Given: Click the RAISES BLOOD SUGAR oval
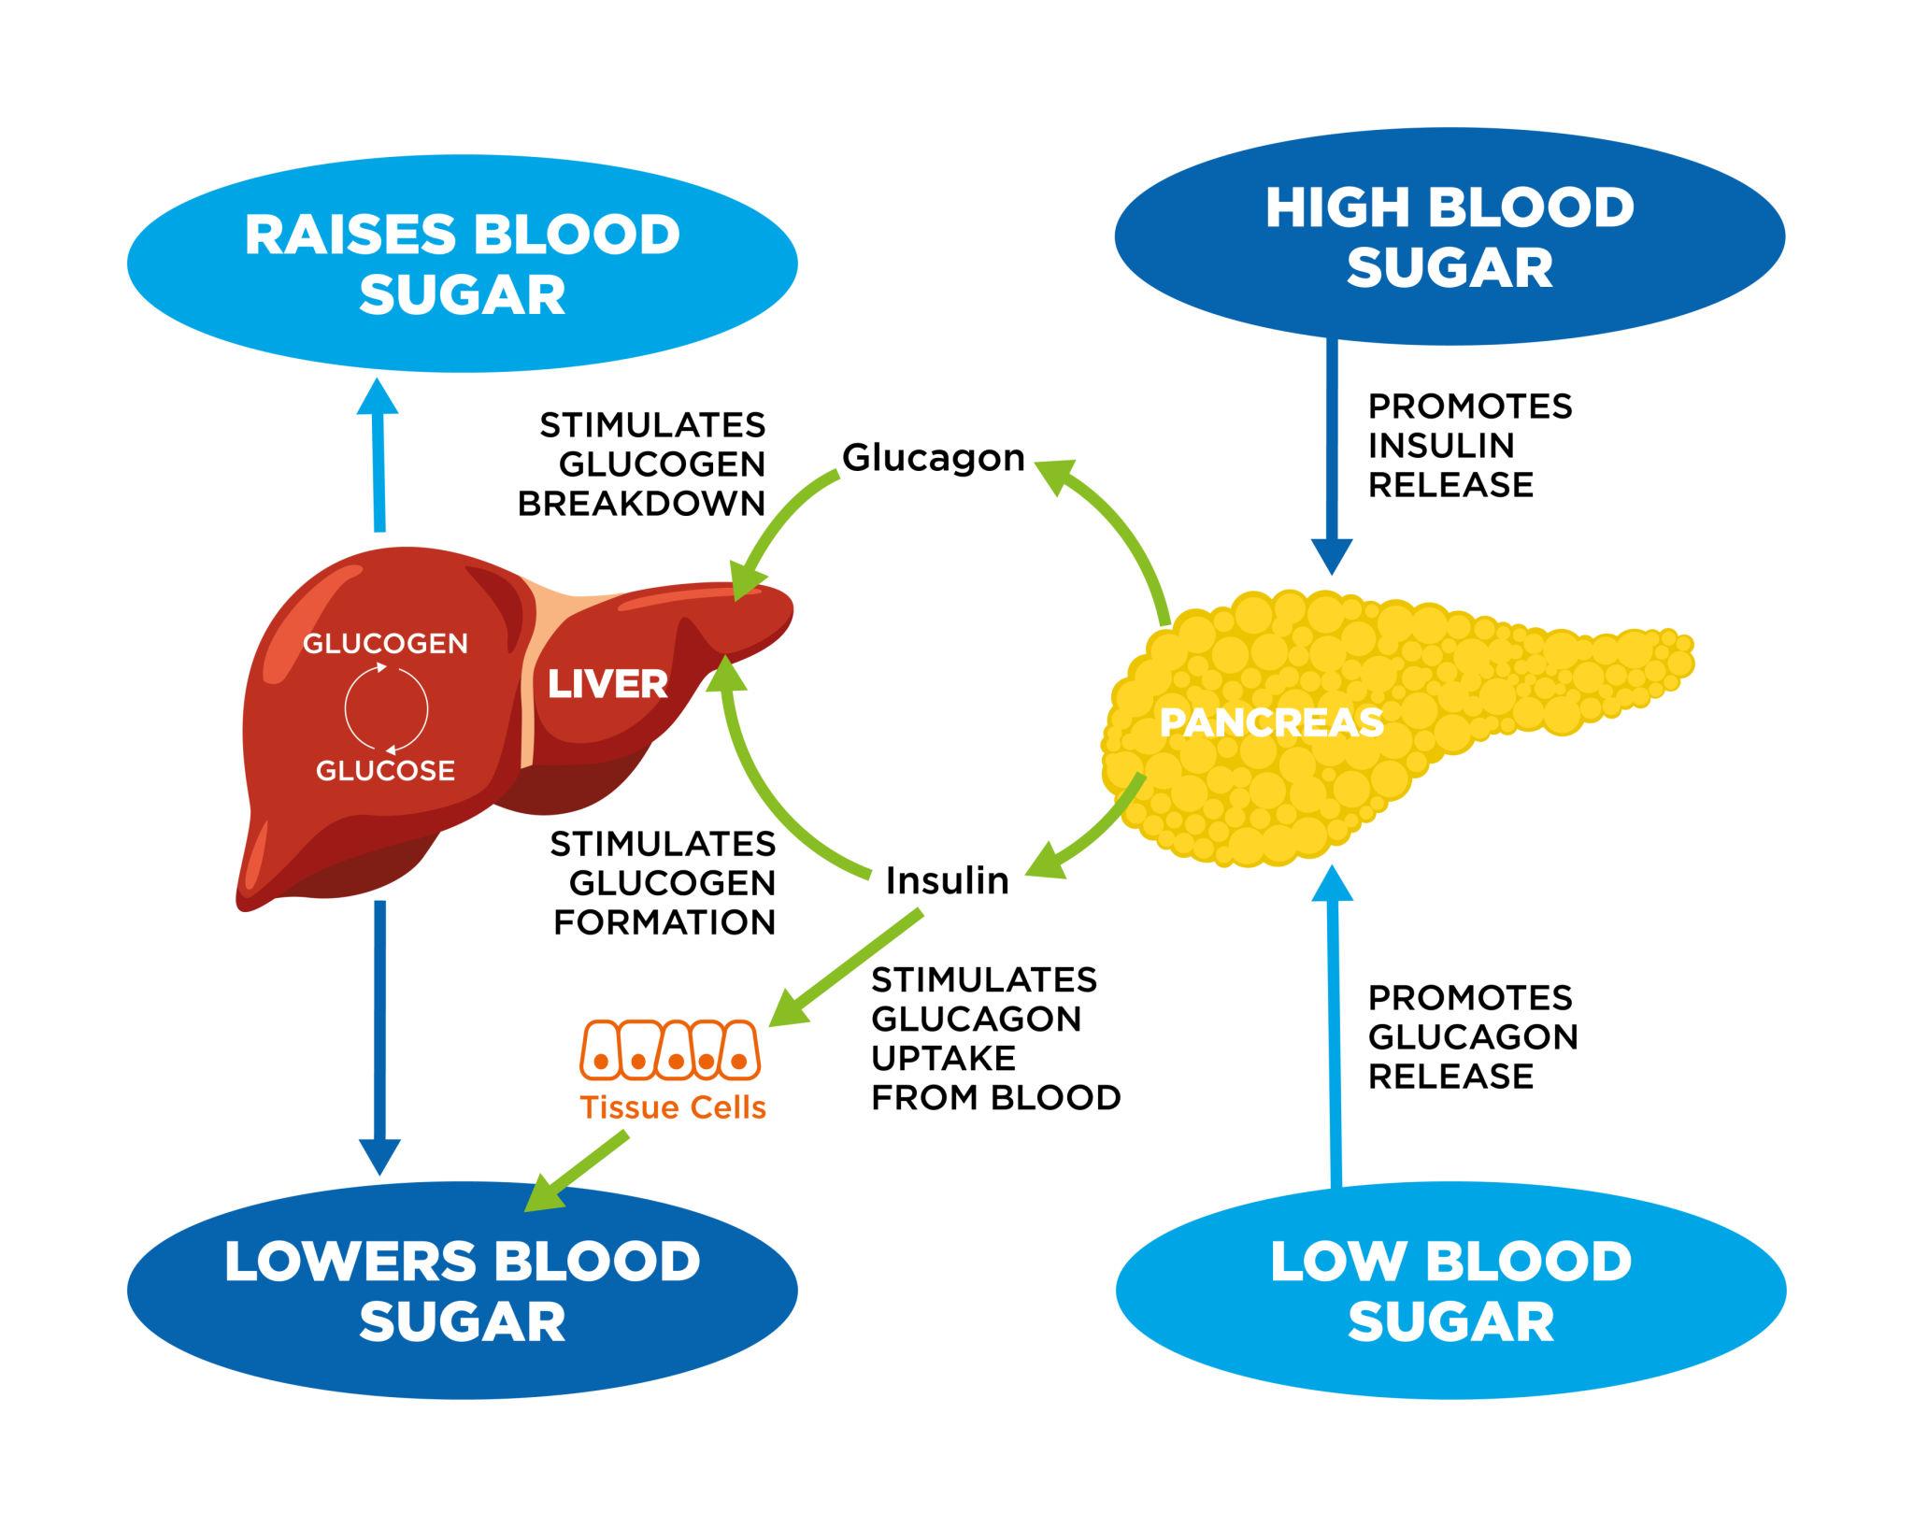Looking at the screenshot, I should pyautogui.click(x=462, y=264).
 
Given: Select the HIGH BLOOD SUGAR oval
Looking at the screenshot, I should pyautogui.click(x=1450, y=237).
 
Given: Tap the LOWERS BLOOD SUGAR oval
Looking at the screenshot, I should pyautogui.click(x=462, y=1291).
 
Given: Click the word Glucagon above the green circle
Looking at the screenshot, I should pyautogui.click(x=934, y=458).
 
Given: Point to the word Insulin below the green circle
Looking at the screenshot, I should pyautogui.click(x=947, y=880).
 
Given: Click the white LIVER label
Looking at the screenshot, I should pyautogui.click(x=607, y=685).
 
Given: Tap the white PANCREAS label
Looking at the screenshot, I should pyautogui.click(x=1271, y=722).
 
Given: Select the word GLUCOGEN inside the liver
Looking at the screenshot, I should pyautogui.click(x=385, y=644).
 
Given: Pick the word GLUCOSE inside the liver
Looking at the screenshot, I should pyautogui.click(x=385, y=771).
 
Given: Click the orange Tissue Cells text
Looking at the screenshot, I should pyautogui.click(x=673, y=1107).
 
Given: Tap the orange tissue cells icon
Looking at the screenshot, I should pyautogui.click(x=671, y=1049).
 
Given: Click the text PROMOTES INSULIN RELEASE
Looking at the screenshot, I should pyautogui.click(x=1469, y=446).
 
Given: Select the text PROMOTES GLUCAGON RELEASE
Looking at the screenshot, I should pyautogui.click(x=1472, y=1036).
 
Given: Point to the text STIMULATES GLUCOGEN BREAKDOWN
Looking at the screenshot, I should pyautogui.click(x=643, y=464).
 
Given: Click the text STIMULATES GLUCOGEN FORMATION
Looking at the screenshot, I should pyautogui.click(x=664, y=883).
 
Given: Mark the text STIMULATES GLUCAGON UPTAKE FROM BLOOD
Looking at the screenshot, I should pyautogui.click(x=994, y=1038).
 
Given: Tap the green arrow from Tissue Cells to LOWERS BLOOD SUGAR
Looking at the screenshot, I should pyautogui.click(x=575, y=1171).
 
